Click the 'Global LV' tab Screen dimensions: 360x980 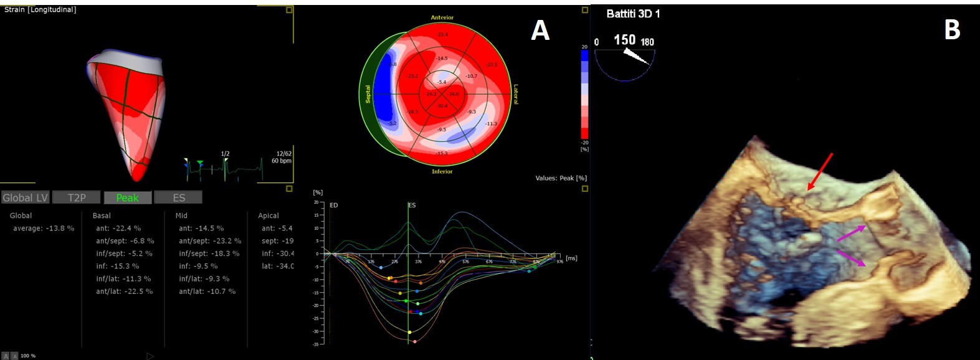26,197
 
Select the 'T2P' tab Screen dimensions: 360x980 77,197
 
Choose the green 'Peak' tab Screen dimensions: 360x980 127,197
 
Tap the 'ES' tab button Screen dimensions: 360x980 179,197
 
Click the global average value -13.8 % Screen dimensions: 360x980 44,229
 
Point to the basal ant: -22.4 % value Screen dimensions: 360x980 118,229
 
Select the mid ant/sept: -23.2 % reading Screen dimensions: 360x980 210,241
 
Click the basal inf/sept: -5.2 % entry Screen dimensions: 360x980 124,253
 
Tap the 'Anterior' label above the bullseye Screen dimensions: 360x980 442,17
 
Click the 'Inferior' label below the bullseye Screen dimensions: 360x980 442,171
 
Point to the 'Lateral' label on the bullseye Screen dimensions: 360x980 516,94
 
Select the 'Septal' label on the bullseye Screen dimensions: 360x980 368,94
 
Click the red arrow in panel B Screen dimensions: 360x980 820,171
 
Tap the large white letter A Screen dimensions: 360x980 540,30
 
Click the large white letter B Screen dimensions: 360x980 952,29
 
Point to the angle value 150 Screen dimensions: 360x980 624,40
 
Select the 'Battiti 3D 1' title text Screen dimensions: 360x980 633,14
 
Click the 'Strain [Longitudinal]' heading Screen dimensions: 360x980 40,10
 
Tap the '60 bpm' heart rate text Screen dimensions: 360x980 282,161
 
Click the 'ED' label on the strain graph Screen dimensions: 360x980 334,205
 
